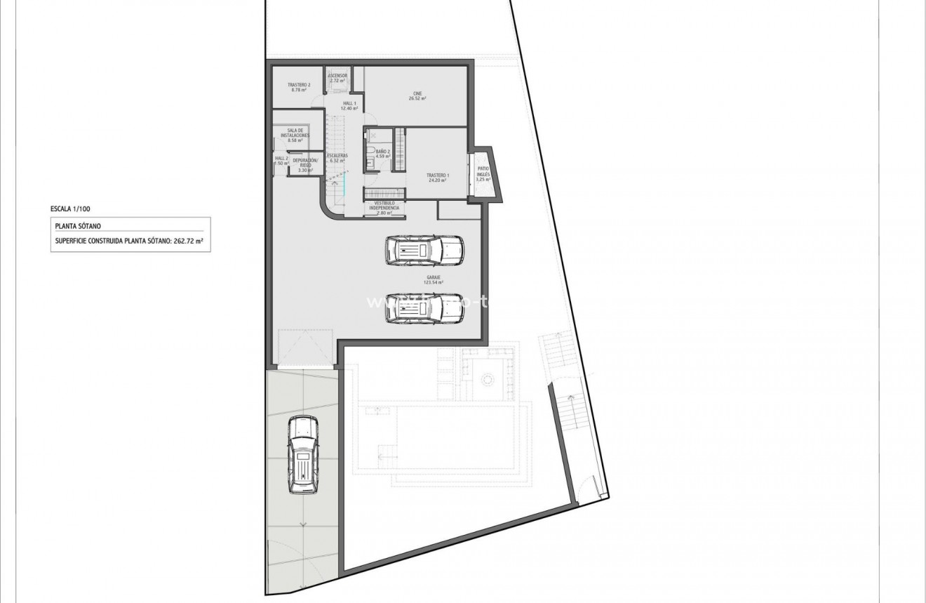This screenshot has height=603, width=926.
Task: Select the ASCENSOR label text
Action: pos(337,75)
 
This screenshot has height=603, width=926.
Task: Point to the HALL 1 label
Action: pos(349,104)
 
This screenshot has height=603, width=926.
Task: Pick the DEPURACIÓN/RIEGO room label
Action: pos(305,163)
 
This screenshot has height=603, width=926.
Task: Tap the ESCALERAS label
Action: pos(337,155)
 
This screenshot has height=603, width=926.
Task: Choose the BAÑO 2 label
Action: pos(382,151)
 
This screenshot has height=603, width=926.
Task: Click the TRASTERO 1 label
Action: pos(438,175)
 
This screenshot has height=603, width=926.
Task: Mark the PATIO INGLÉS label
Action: pos(483,171)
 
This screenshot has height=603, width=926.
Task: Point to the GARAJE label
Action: pos(434,277)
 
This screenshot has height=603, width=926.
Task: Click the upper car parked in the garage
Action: pos(424,250)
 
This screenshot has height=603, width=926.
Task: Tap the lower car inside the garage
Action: pos(424,306)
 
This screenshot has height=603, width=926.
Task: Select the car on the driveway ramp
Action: pos(303,454)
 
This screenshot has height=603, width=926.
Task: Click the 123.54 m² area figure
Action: pos(434,283)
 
